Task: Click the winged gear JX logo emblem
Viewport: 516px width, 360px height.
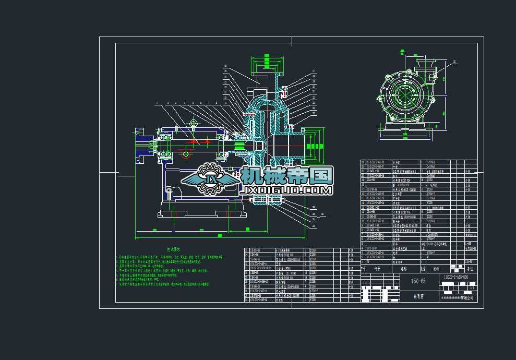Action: [208, 180]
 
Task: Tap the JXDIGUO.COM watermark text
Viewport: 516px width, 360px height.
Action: [287, 191]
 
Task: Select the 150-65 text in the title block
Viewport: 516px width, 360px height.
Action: [418, 281]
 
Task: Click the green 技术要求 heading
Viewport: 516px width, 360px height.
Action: [174, 250]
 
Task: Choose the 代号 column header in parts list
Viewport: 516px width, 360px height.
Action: [377, 269]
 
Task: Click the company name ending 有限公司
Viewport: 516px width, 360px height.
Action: [457, 297]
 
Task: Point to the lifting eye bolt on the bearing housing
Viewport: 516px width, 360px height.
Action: [193, 124]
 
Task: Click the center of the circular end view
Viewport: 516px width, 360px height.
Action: [402, 94]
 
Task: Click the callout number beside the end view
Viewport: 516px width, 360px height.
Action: [454, 62]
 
